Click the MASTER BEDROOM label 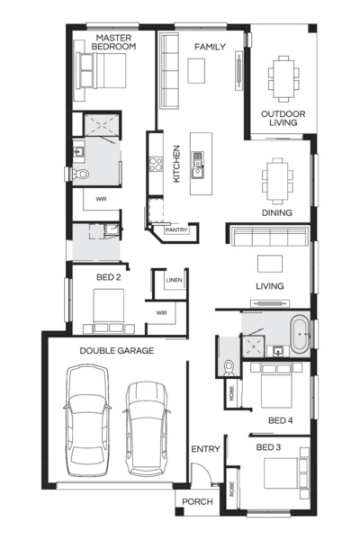point(115,41)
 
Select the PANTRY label point(174,229)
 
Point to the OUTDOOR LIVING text point(283,119)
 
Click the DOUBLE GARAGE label point(116,350)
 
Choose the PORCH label point(197,501)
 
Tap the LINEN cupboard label point(174,282)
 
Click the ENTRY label point(205,449)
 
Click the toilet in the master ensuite point(81,174)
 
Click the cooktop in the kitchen point(155,165)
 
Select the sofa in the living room point(268,237)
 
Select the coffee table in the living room point(269,264)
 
